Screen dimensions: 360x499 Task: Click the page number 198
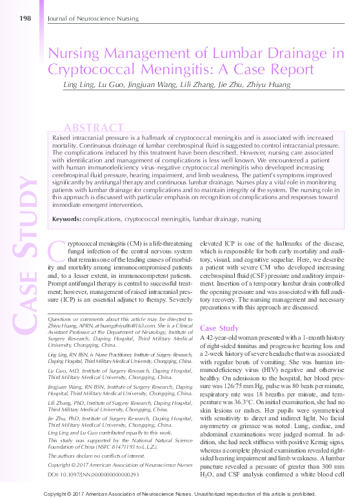tap(25, 17)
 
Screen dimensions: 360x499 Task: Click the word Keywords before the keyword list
tap(66, 219)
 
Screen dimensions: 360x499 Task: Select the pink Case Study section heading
tap(220, 328)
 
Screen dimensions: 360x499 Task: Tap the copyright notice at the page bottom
tap(180, 493)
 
